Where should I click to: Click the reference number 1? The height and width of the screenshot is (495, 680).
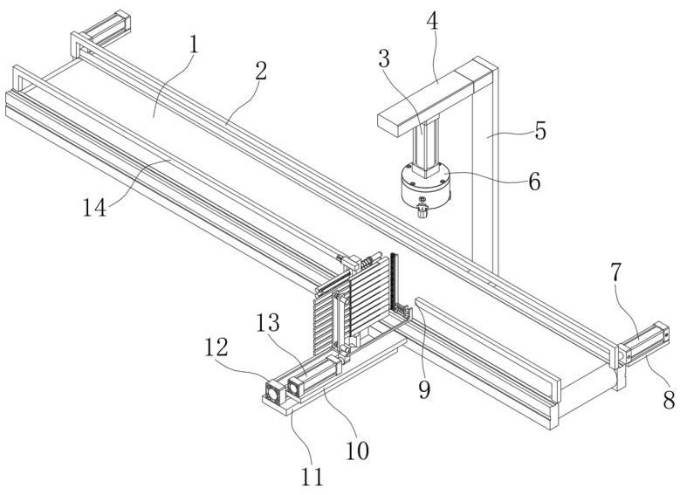(193, 45)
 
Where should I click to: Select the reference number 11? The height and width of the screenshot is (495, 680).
(313, 476)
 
